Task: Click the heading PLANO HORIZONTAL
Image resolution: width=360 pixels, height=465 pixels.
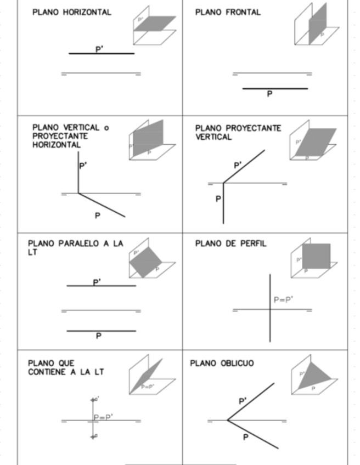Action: (x=71, y=12)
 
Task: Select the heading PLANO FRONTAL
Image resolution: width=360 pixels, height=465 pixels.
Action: (x=228, y=12)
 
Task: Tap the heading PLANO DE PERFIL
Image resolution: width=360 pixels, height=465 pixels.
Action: (x=230, y=244)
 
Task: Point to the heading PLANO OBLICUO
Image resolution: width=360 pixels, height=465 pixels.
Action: (x=222, y=363)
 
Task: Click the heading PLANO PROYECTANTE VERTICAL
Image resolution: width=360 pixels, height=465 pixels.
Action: (x=238, y=133)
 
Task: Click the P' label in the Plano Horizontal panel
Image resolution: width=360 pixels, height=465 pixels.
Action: (x=99, y=49)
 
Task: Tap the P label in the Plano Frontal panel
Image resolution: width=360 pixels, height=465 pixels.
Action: (x=269, y=94)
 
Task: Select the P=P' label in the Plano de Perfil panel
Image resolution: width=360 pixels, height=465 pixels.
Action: (x=283, y=300)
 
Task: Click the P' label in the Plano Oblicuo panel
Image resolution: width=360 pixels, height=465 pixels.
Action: (x=243, y=401)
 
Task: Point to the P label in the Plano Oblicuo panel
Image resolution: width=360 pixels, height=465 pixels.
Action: (x=245, y=437)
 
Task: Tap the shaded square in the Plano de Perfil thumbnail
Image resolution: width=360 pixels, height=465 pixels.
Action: (x=316, y=256)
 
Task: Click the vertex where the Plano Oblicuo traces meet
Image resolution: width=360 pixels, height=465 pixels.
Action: (x=228, y=421)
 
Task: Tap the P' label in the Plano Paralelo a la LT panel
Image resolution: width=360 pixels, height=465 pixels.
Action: (x=97, y=282)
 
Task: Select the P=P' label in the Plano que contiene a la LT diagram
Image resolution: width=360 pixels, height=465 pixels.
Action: (x=103, y=417)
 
